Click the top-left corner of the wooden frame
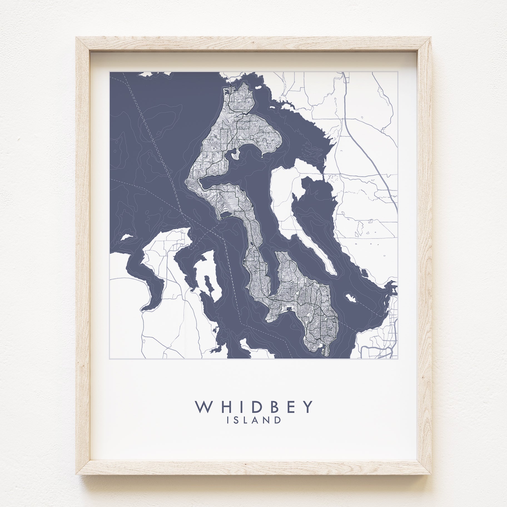point(77,38)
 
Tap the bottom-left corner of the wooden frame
point(77,474)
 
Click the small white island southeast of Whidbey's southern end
point(351,298)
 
